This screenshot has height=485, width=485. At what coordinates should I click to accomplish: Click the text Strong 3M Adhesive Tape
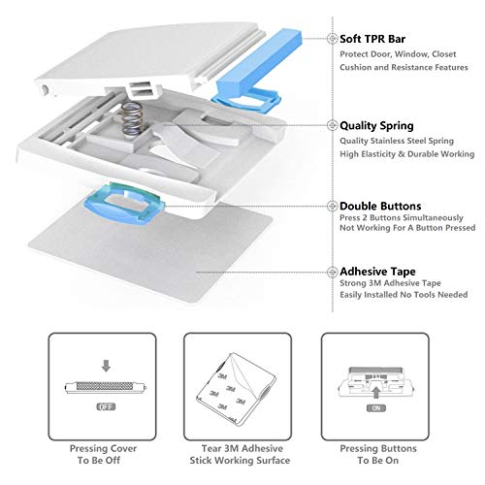tap(390, 287)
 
